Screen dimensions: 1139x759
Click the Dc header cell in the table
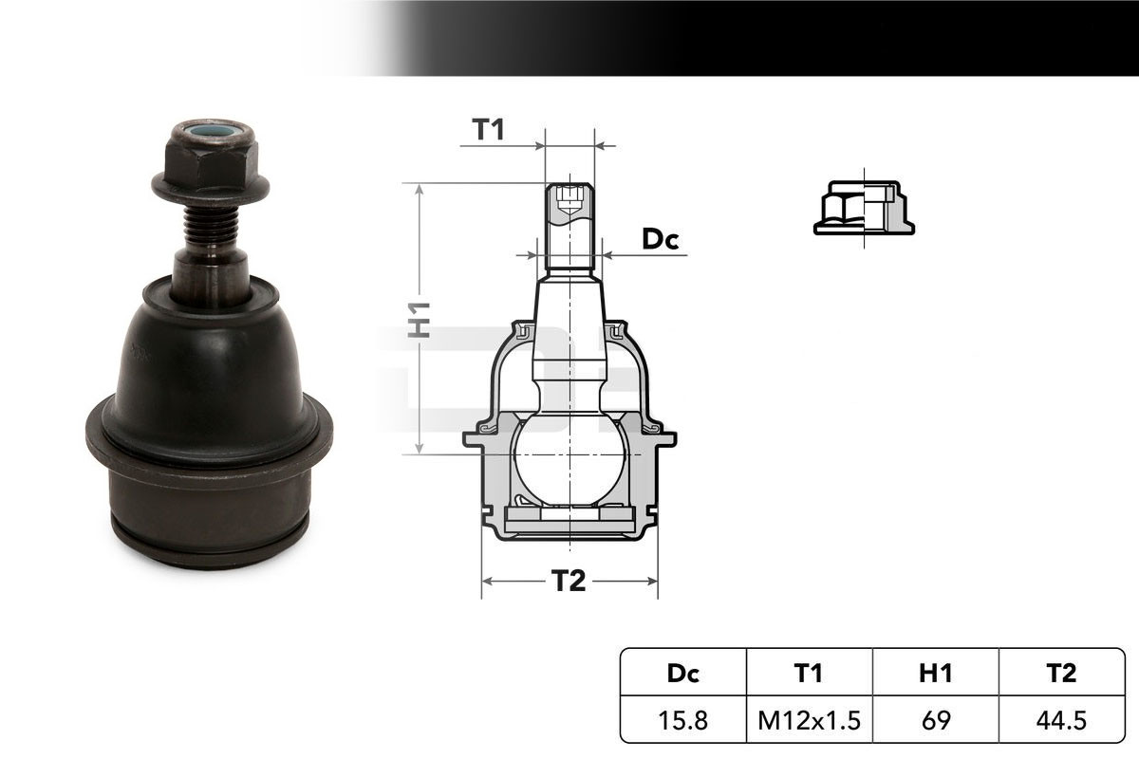click(682, 673)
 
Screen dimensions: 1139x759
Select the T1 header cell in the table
click(809, 673)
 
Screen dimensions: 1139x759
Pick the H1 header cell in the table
click(935, 673)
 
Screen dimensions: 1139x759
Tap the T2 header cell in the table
click(1061, 673)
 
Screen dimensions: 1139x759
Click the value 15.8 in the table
click(682, 720)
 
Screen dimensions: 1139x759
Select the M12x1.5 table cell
click(809, 720)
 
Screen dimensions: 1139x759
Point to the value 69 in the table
click(935, 720)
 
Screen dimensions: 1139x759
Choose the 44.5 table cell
click(1061, 720)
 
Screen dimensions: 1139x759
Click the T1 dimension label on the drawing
click(488, 129)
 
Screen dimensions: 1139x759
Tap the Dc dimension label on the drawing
click(660, 239)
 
